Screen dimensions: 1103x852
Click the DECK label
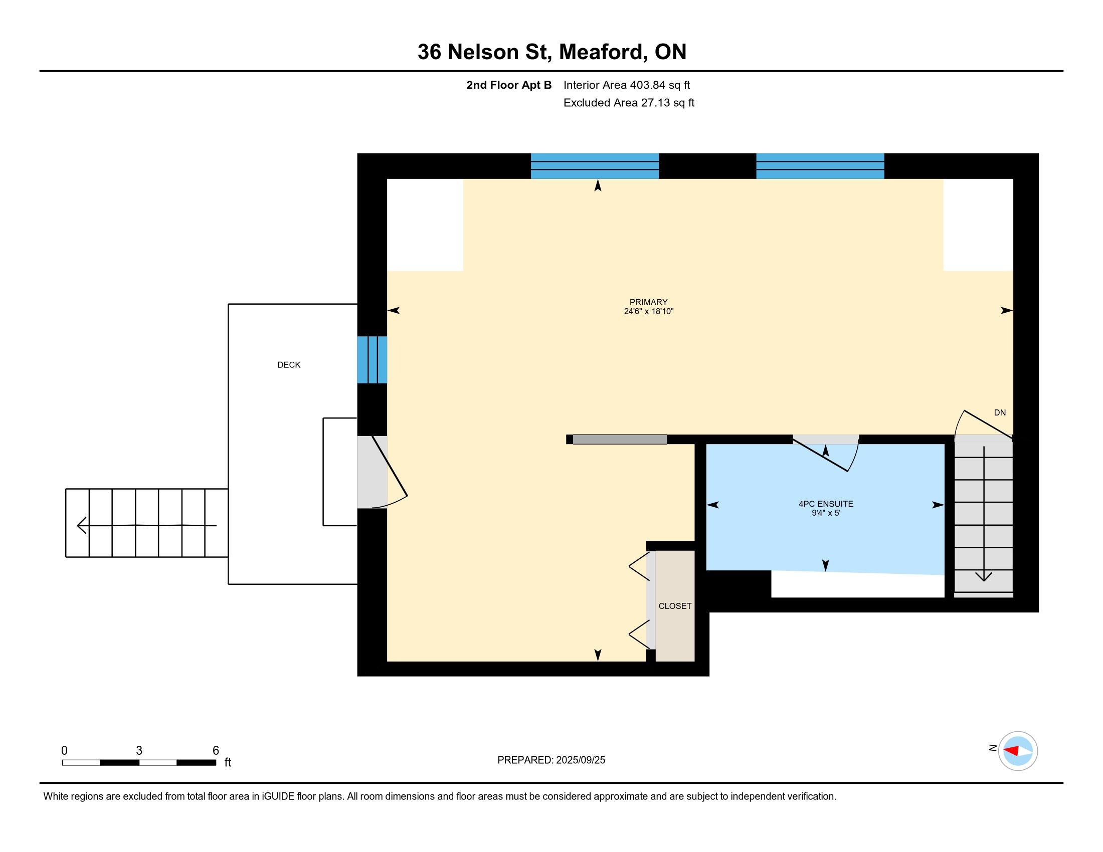click(289, 365)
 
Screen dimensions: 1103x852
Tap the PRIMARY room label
click(648, 302)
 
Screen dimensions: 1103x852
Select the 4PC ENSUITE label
click(826, 504)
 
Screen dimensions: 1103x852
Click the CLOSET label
click(675, 606)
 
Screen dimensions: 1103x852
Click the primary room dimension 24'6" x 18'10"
click(648, 311)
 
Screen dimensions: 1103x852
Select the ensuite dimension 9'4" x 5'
click(826, 513)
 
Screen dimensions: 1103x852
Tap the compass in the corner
click(1018, 751)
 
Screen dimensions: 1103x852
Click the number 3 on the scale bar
click(139, 751)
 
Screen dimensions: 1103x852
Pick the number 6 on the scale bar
click(216, 751)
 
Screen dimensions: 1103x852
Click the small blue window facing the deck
click(372, 360)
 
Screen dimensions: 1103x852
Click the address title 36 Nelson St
click(484, 52)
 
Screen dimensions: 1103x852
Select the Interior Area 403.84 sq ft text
click(626, 85)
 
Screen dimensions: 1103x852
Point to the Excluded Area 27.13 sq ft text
click(629, 103)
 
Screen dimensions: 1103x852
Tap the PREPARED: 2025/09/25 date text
click(551, 760)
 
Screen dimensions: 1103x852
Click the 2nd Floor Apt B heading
click(508, 85)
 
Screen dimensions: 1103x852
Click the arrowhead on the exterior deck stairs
click(81, 525)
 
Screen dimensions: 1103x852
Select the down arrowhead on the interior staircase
click(983, 576)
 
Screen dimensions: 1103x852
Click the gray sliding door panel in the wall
click(620, 440)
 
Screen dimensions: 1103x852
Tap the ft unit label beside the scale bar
click(228, 762)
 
